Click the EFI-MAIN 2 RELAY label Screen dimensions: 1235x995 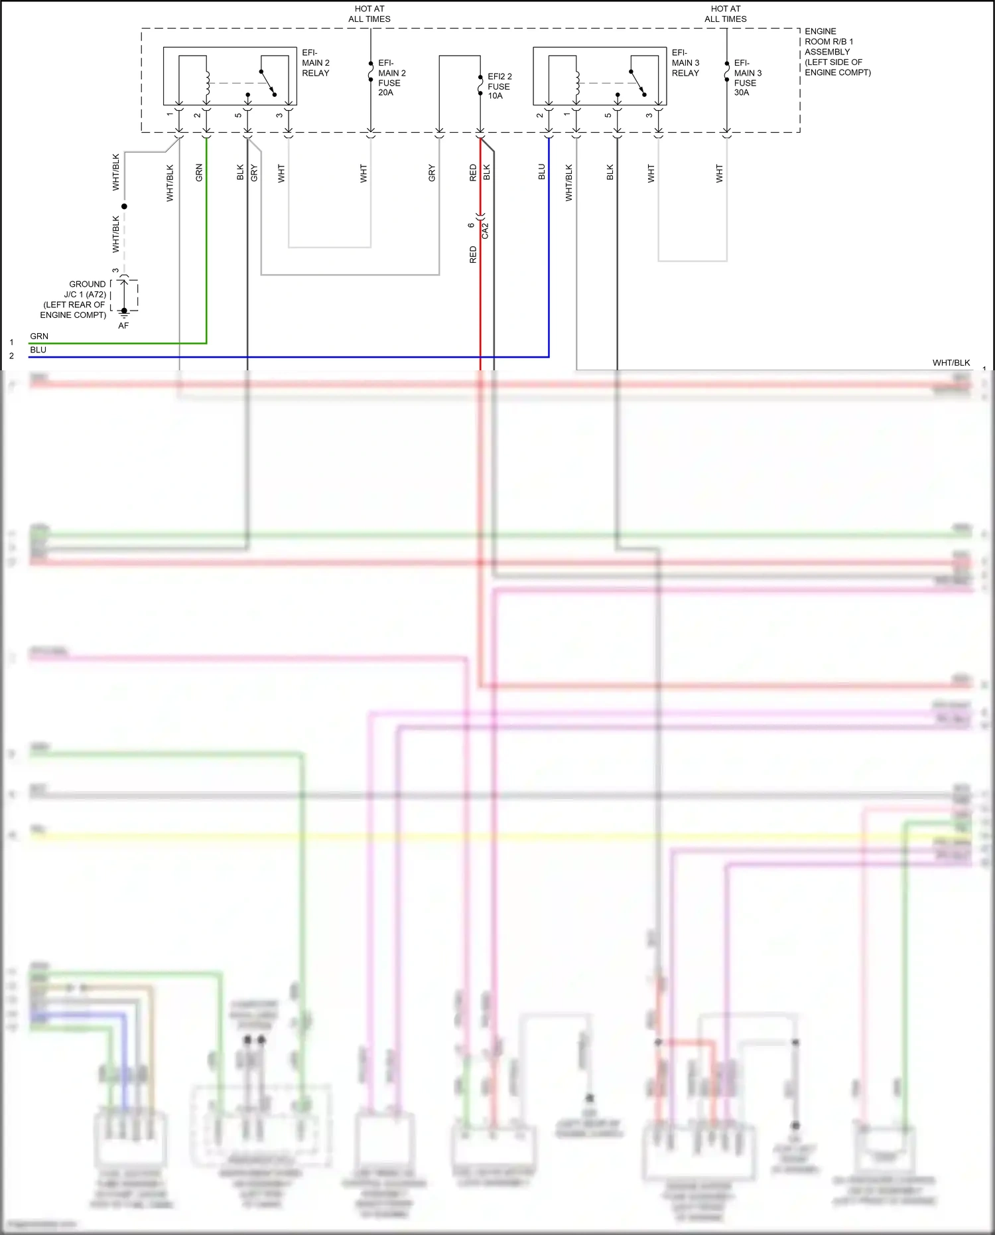(315, 63)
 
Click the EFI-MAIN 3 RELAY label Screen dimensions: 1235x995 (685, 63)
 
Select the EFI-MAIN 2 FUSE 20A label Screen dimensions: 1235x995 (391, 78)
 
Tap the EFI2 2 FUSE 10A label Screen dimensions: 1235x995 (499, 86)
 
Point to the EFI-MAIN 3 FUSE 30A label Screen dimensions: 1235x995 (748, 78)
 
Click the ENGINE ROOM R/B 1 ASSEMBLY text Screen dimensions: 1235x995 (836, 52)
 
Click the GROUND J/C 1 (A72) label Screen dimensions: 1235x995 (74, 299)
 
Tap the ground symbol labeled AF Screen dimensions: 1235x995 (124, 315)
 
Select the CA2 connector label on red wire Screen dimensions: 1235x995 (485, 230)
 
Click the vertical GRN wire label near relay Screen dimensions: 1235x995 (199, 173)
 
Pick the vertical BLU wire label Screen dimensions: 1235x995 (542, 172)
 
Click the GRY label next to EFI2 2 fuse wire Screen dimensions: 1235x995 (432, 173)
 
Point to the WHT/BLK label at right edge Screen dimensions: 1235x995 (951, 362)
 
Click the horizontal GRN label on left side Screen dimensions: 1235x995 (39, 336)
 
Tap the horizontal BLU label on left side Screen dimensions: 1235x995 (38, 350)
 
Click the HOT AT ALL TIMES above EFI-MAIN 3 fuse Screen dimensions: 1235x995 (725, 14)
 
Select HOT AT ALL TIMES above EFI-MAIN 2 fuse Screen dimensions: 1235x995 (369, 14)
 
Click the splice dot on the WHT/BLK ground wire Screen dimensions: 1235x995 (124, 206)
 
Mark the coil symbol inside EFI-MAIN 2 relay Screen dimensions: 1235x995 (207, 83)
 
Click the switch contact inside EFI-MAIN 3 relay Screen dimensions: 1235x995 (637, 83)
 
